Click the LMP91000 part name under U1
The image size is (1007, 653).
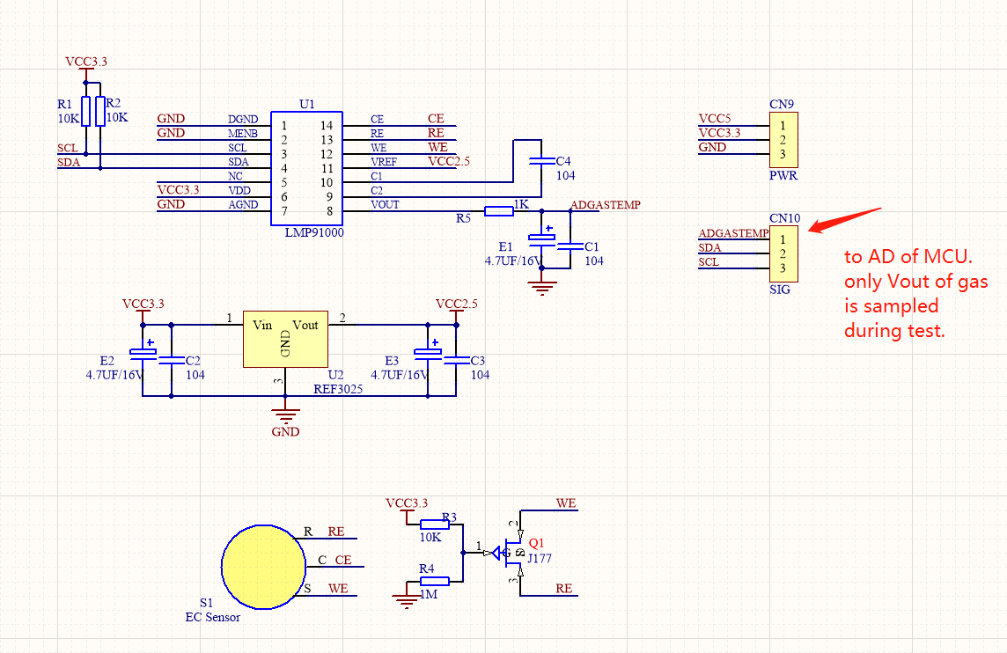point(314,233)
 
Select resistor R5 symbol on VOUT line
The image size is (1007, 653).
point(499,210)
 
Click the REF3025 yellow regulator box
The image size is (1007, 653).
point(285,338)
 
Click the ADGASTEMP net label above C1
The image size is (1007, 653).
point(605,205)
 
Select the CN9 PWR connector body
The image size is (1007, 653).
point(783,140)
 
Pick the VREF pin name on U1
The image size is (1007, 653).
point(383,162)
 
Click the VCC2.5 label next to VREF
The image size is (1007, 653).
point(449,162)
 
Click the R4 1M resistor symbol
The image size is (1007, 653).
point(435,581)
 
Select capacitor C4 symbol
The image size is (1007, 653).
point(540,162)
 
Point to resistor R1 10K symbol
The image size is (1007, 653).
point(85,111)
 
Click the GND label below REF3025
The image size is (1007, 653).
point(285,432)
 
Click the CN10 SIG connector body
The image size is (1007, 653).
point(783,253)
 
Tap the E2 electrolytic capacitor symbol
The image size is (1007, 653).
point(143,354)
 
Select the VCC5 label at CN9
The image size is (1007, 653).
point(715,119)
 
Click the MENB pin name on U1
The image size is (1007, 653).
point(242,134)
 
